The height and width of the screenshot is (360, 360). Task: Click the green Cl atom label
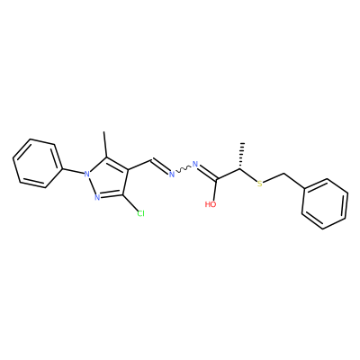click(140, 213)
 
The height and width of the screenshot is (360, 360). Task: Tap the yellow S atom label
click(260, 184)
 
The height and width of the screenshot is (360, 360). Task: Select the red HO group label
click(211, 204)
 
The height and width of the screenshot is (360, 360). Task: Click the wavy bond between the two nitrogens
click(184, 169)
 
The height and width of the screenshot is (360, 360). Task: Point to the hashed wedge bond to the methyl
click(242, 157)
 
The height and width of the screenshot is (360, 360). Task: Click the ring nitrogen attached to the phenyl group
click(87, 174)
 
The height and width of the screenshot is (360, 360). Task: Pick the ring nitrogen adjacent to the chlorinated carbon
click(97, 197)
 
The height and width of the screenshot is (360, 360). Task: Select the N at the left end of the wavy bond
click(172, 174)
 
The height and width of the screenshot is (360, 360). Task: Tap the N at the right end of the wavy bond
click(195, 164)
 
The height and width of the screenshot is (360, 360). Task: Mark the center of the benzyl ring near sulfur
click(325, 204)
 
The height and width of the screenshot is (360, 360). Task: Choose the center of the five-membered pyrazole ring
click(108, 179)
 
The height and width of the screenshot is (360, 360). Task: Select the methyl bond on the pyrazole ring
click(105, 144)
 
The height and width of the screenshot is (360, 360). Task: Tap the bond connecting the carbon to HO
click(216, 190)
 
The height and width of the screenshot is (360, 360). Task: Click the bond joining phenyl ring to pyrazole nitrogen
click(73, 170)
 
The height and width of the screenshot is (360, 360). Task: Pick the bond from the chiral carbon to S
click(249, 175)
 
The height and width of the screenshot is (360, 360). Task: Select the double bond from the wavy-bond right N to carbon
click(207, 172)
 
